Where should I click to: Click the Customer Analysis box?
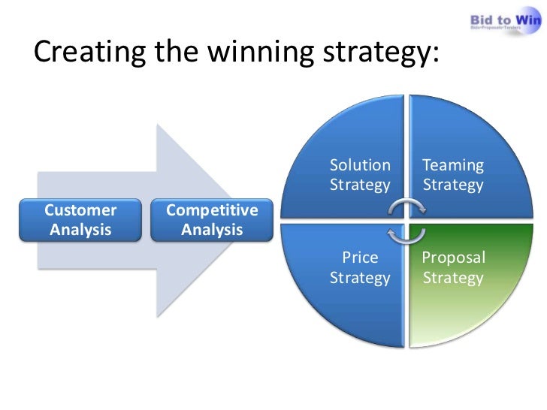[81, 220]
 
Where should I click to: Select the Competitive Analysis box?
[212, 220]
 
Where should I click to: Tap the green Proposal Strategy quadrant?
[458, 278]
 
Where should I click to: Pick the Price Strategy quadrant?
[353, 278]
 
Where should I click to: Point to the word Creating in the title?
[83, 53]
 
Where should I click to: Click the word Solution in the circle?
[361, 165]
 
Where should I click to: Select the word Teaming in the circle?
[453, 165]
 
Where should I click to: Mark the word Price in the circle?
[361, 258]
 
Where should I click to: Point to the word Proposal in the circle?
[454, 258]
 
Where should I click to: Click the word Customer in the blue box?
[81, 210]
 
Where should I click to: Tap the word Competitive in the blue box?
[212, 210]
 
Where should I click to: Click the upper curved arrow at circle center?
[406, 207]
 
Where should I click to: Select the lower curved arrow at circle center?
[406, 236]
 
